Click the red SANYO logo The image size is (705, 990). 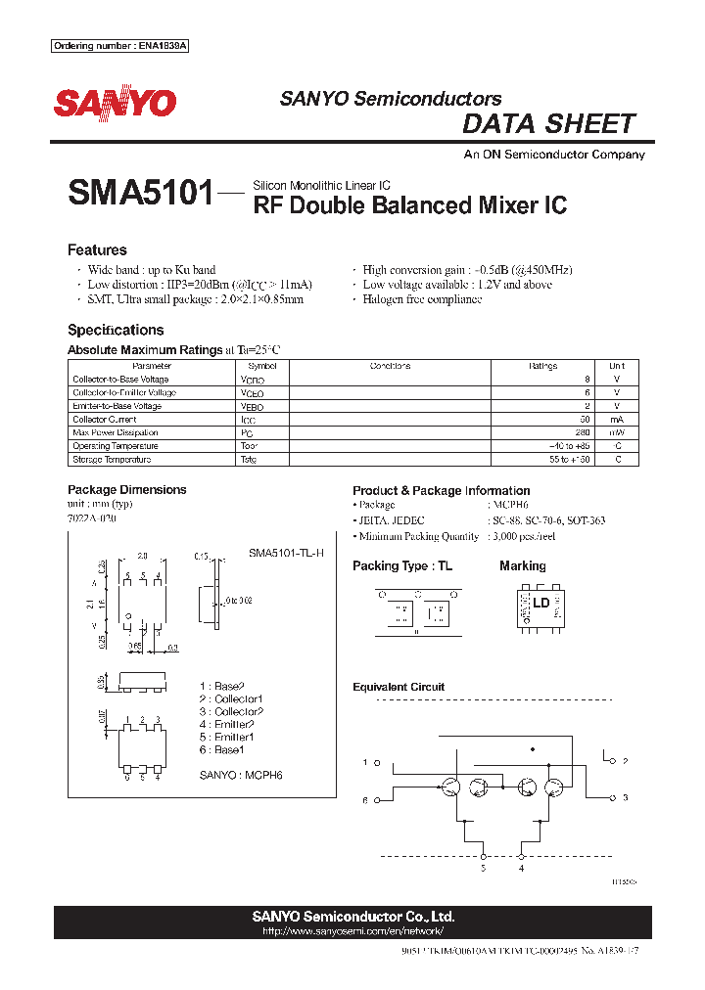[116, 104]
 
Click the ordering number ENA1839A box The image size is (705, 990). [119, 46]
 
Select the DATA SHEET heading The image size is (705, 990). [548, 124]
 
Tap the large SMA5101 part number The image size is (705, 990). [140, 193]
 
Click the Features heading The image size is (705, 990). [97, 249]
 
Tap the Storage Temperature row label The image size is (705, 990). [112, 459]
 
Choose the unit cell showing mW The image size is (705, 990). [616, 432]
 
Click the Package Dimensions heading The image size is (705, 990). [126, 489]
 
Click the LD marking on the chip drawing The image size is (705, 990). [540, 603]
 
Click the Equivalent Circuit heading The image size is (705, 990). [399, 687]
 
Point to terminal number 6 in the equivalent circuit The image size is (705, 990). [365, 800]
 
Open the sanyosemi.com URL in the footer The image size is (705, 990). [352, 931]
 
